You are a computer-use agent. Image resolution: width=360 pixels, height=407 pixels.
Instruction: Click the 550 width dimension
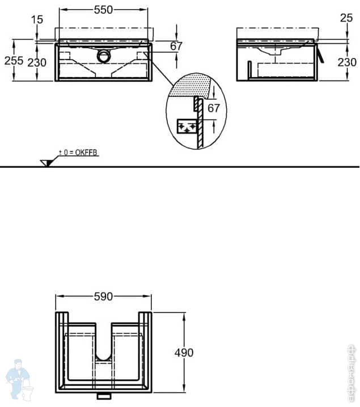coord(103,9)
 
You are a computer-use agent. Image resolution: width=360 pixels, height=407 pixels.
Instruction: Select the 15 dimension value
coord(37,20)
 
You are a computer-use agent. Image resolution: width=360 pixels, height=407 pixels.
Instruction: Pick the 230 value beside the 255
coord(37,62)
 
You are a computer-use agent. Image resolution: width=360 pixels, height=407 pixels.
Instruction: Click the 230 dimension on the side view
coord(347,62)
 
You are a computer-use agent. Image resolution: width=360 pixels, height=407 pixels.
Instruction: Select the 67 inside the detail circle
coord(213,108)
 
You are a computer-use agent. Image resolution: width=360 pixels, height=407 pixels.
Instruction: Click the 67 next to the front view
coord(176,46)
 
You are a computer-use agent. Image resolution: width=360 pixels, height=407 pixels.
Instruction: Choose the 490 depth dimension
coord(184,353)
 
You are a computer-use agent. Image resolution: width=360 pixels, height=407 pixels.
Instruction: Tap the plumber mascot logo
coord(19,378)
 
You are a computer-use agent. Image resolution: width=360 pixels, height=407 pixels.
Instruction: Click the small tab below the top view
coord(103,395)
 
